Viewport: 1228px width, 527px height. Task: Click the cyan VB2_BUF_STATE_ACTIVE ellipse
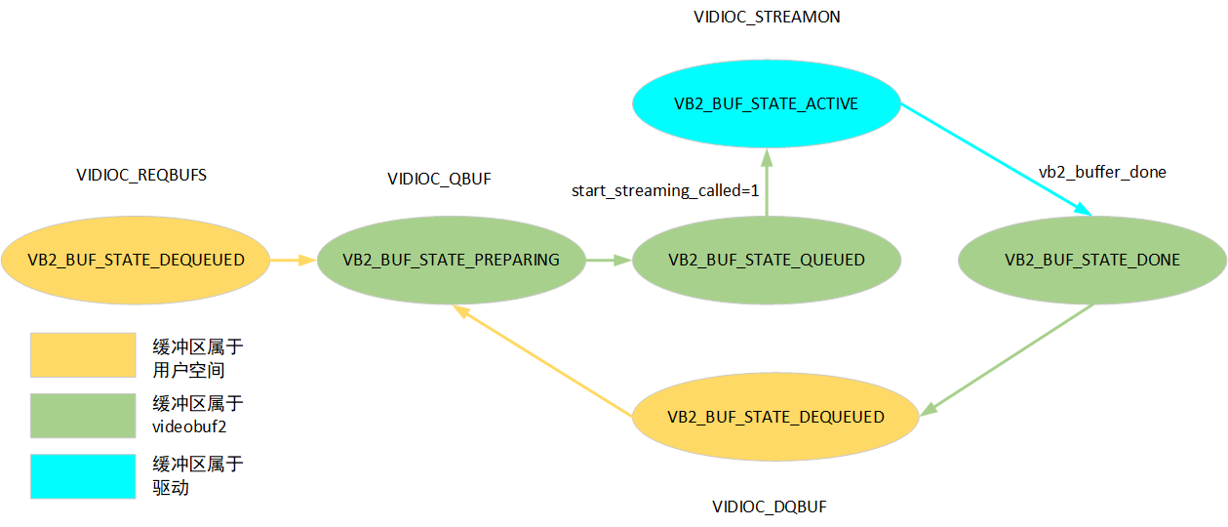click(x=766, y=103)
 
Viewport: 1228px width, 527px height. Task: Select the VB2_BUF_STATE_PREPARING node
click(x=451, y=260)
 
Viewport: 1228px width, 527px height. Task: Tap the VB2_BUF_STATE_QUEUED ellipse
click(x=766, y=260)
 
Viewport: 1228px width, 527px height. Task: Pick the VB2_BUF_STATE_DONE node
click(x=1091, y=260)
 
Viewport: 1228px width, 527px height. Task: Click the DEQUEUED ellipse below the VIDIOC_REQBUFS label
click(x=135, y=260)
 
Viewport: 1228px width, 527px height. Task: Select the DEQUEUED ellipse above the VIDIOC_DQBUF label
click(x=775, y=417)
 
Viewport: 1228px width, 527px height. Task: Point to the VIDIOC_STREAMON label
click(x=766, y=17)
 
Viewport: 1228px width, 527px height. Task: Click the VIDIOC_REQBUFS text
click(x=141, y=176)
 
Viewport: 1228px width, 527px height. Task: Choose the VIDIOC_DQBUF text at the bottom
click(x=769, y=507)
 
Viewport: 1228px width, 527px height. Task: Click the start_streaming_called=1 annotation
click(x=664, y=190)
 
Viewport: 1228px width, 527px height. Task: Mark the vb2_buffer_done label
click(x=1102, y=172)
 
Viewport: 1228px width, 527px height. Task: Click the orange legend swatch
click(x=83, y=354)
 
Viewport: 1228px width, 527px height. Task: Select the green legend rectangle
click(x=83, y=416)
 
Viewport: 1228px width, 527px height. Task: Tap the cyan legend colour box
click(x=83, y=476)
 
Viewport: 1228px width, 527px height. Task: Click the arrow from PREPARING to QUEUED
click(x=608, y=261)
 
